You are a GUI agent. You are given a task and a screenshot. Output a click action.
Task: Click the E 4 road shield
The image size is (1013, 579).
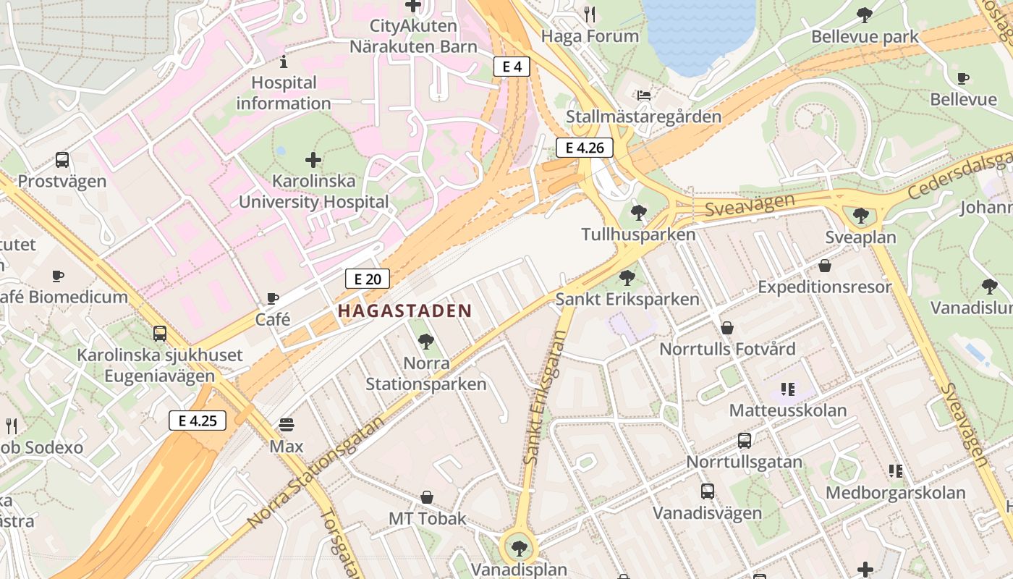[512, 67]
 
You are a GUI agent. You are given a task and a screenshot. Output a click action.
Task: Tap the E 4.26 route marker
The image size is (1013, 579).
[585, 148]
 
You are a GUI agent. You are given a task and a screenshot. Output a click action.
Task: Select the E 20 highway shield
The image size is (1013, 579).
[368, 279]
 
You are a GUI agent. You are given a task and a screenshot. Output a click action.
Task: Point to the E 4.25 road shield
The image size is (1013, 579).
[198, 420]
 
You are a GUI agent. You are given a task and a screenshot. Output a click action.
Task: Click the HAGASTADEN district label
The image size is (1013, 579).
[404, 311]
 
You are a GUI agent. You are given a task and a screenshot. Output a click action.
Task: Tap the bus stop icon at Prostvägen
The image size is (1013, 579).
[62, 160]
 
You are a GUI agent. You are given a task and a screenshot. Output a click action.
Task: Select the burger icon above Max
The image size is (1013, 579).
[287, 424]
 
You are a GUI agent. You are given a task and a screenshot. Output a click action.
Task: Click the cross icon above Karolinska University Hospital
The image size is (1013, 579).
[313, 159]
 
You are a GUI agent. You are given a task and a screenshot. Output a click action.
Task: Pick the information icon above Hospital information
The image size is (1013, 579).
[284, 62]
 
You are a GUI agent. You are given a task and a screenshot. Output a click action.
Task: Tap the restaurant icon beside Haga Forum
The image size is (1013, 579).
[590, 14]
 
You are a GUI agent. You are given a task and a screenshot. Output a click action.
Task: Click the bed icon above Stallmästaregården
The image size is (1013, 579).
[643, 95]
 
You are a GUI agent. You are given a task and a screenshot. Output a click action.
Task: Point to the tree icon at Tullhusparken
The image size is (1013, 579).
[638, 213]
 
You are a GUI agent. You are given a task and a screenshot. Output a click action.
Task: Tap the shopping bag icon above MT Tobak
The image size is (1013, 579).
[427, 497]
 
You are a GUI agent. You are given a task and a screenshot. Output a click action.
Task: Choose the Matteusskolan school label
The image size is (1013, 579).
[787, 410]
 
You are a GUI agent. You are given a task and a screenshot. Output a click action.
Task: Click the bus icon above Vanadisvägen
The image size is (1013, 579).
[708, 491]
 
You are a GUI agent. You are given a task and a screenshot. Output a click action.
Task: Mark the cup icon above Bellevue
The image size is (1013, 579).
[963, 78]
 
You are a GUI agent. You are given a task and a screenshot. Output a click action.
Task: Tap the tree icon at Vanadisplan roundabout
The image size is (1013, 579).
[519, 548]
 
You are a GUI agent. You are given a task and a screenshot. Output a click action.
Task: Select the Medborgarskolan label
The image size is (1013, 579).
[896, 493]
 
